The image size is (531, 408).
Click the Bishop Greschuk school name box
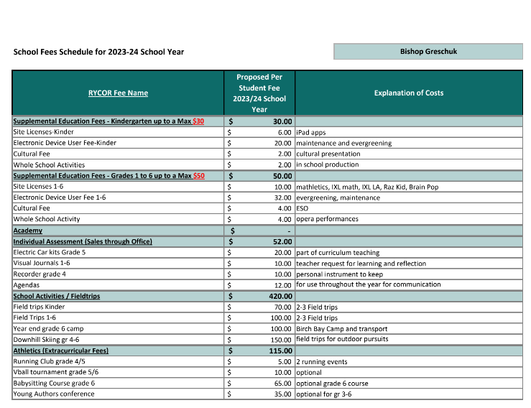click(428, 52)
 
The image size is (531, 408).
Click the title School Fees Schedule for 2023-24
click(98, 52)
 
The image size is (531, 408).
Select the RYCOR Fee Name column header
click(118, 93)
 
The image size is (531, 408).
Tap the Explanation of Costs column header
click(409, 93)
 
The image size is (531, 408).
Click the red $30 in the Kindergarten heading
click(198, 121)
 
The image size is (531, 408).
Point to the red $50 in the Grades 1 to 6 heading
click(198, 176)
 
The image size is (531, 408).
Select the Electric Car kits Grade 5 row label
click(49, 252)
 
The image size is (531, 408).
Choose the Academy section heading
click(28, 231)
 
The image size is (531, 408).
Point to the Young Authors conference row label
click(52, 394)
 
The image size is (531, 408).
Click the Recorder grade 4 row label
click(40, 274)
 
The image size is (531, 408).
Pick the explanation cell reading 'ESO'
click(303, 208)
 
